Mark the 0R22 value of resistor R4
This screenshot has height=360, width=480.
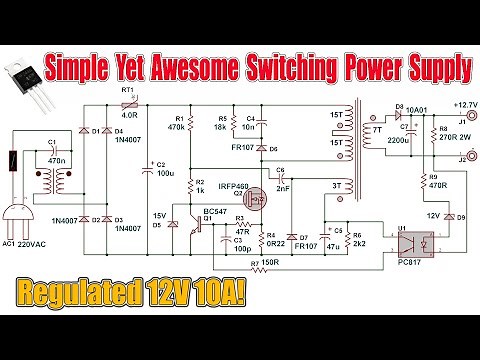click(240, 242)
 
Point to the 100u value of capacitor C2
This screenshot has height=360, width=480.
click(166, 172)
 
